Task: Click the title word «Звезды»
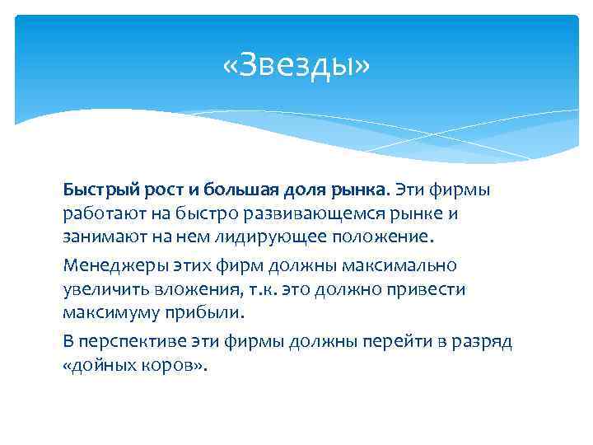click(x=296, y=65)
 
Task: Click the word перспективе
click(x=128, y=342)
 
